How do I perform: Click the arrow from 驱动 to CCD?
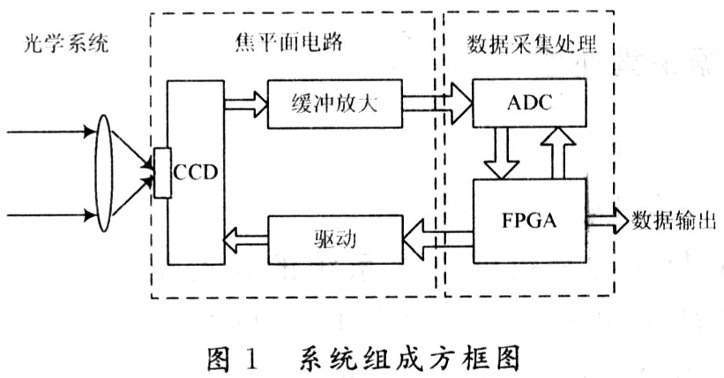pyautogui.click(x=245, y=237)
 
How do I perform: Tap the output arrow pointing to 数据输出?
pyautogui.click(x=608, y=218)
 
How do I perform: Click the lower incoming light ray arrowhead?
pyautogui.click(x=88, y=215)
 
